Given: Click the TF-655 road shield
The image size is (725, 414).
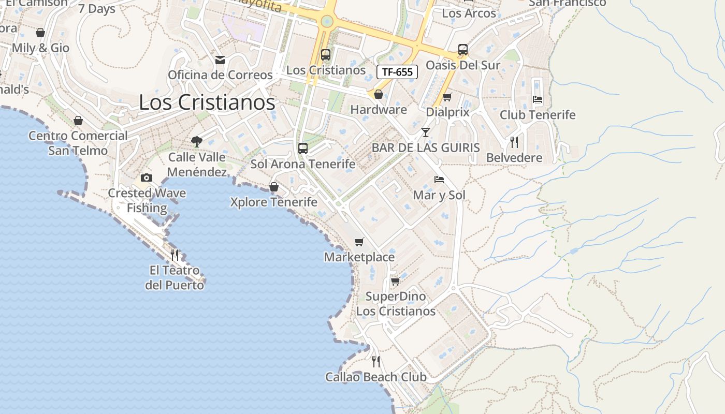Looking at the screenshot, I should pos(397,72).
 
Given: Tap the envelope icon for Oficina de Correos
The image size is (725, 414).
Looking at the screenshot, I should pos(220,60).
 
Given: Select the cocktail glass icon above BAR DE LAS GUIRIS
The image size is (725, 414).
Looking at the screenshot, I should pos(426,132).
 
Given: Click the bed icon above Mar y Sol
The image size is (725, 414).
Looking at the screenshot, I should pos(439,180).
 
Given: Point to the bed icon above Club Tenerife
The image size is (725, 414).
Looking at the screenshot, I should pos(538,99).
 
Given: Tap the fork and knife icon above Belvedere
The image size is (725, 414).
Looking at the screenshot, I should pos(514,142).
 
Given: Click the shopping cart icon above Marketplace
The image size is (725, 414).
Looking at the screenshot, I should pos(359,242).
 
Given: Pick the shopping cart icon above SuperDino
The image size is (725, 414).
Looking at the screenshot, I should pos(396,281).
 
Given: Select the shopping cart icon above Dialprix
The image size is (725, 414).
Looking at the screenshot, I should pos(447,97).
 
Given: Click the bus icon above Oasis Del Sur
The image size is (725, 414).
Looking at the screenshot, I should pos(463,50).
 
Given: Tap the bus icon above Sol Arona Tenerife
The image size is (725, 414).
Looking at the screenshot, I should pos(303,149).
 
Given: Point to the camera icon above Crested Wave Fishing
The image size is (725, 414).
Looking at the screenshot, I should pos(147,178).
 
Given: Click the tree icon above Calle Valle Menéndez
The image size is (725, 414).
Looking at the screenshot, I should pos(196,141).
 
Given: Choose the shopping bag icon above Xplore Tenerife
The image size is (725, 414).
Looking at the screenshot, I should pos(274,187).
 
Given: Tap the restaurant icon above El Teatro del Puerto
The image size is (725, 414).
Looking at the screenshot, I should pos(175,255).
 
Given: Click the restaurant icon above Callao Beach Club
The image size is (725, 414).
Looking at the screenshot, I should pos(376,361).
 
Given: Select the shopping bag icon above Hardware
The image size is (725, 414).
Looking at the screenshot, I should pos(379,94).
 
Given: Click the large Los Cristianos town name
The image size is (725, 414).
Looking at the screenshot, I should pos(207,102).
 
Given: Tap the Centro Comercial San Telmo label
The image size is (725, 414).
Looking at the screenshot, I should pos(78,143).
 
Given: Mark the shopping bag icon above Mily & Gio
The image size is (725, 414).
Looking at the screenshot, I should pos(40,33).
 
